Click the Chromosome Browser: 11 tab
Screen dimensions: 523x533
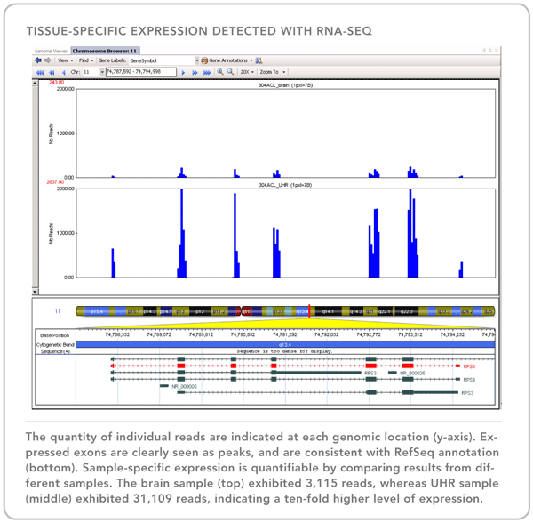click(x=105, y=52)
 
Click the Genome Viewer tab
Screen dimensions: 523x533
click(x=51, y=52)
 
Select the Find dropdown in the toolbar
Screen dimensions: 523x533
click(x=84, y=60)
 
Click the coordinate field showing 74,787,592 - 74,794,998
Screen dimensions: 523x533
click(x=140, y=72)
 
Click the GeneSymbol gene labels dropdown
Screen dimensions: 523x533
click(x=163, y=60)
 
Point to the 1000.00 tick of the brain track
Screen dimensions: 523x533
click(x=64, y=133)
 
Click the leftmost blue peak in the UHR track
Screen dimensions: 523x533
click(x=114, y=263)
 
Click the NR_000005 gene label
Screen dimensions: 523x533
click(x=184, y=386)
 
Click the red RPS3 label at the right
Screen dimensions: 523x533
click(x=468, y=366)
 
